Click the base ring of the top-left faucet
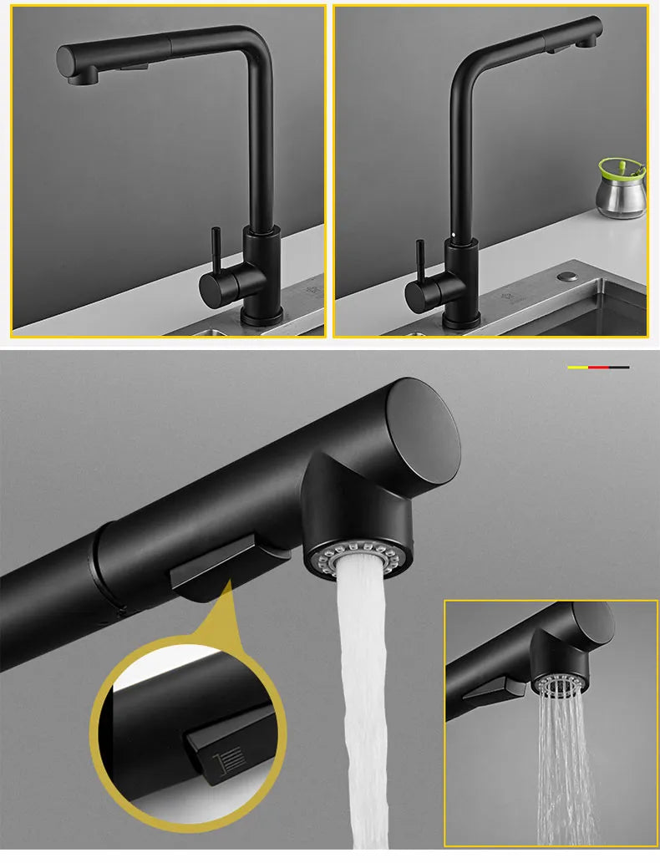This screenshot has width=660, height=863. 262,318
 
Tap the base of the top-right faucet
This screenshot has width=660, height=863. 460,319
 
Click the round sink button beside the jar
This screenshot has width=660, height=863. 571,275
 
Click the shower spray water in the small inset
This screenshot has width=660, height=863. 565,769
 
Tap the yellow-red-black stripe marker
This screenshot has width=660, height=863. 597,367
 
